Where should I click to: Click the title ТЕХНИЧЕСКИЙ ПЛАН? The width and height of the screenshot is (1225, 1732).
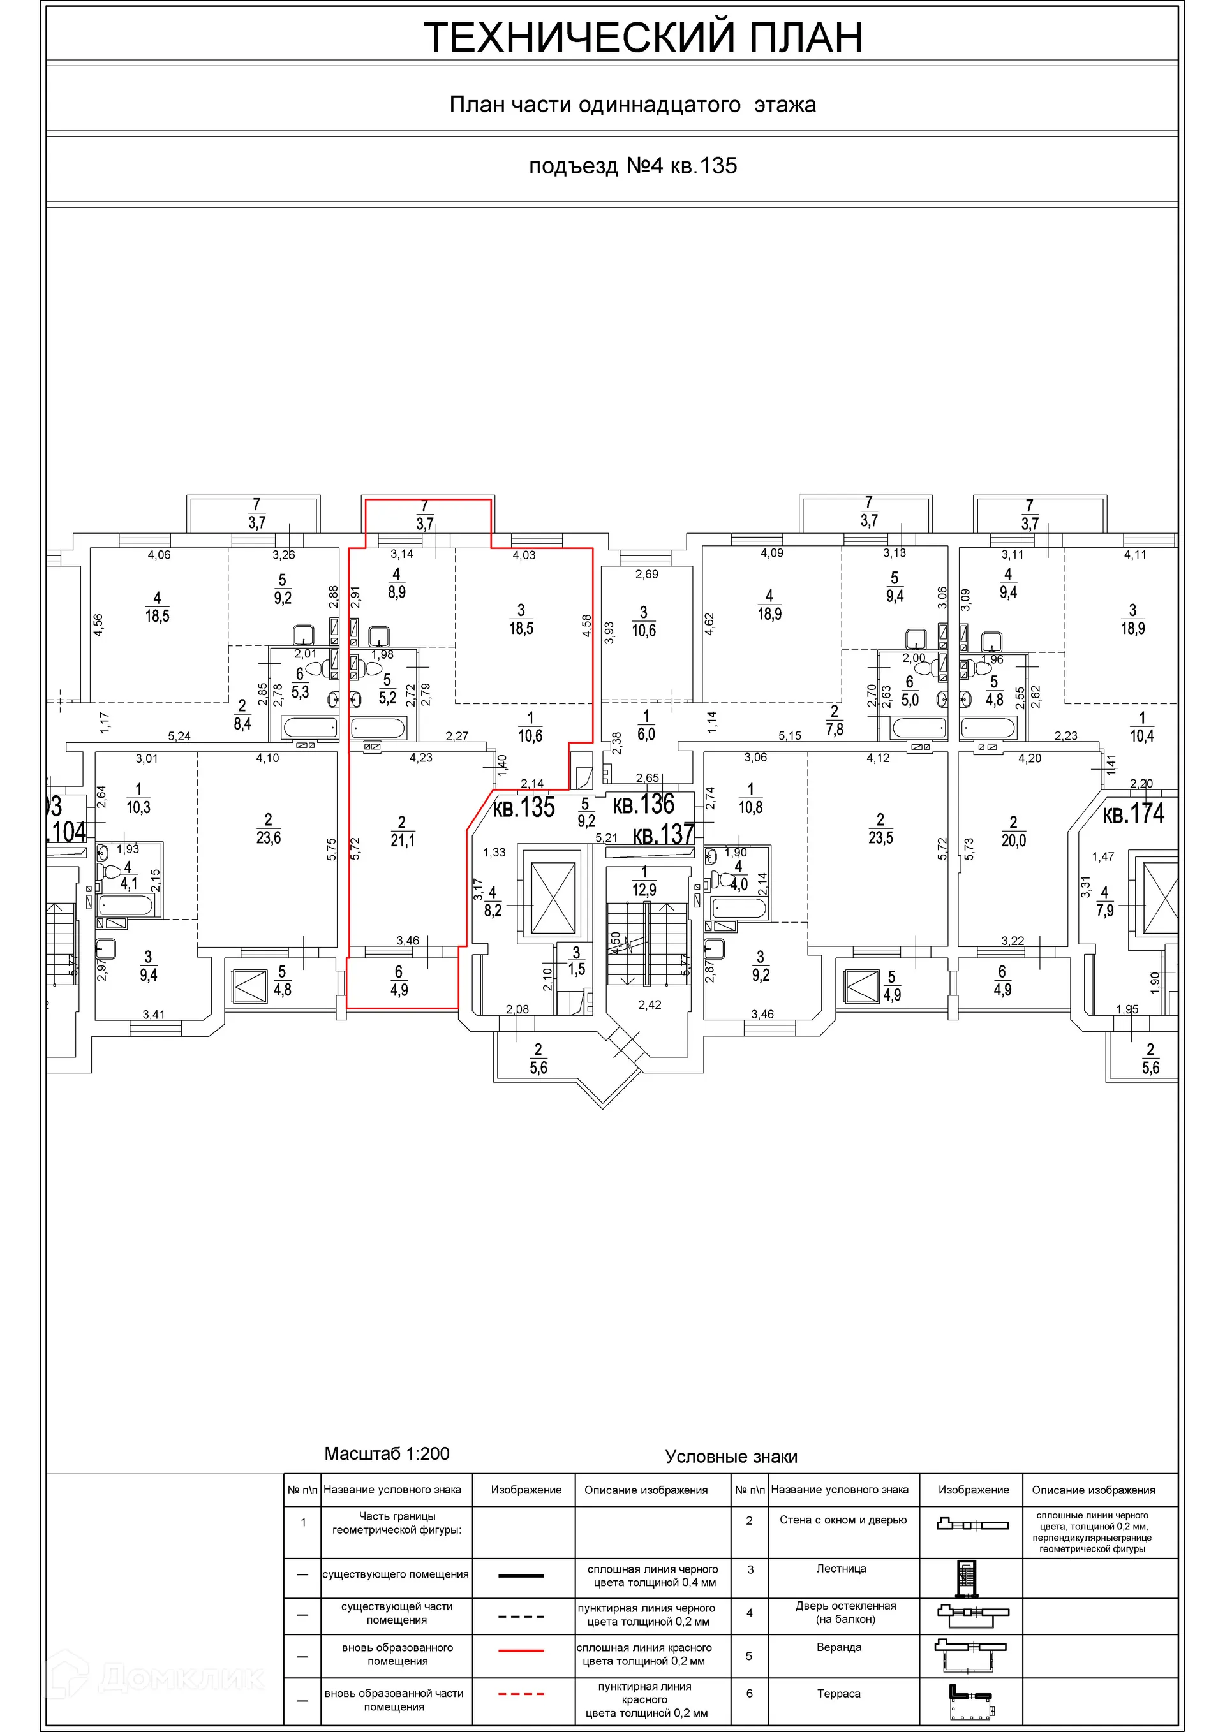pyautogui.click(x=643, y=37)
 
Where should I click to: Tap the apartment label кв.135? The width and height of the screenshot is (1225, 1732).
pyautogui.click(x=524, y=807)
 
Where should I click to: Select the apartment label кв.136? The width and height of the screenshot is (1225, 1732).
pyautogui.click(x=643, y=804)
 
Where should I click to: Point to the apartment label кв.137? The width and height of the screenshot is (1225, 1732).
pyautogui.click(x=664, y=834)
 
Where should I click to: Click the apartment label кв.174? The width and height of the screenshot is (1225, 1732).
pyautogui.click(x=1134, y=814)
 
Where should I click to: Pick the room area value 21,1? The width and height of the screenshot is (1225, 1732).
pyautogui.click(x=403, y=840)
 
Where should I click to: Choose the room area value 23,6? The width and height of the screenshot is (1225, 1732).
pyautogui.click(x=269, y=838)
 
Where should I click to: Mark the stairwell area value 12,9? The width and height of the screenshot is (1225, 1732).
pyautogui.click(x=644, y=890)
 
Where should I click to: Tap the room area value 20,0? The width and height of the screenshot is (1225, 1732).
pyautogui.click(x=1014, y=840)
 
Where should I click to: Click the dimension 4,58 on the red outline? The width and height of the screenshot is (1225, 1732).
pyautogui.click(x=586, y=627)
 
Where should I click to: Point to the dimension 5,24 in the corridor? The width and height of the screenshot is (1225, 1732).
pyautogui.click(x=179, y=737)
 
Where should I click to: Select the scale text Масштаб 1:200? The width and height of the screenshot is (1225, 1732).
pyautogui.click(x=387, y=1454)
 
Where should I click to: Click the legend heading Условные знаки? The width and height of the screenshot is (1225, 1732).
pyautogui.click(x=731, y=1457)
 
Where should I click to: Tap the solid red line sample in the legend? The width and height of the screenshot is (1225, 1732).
pyautogui.click(x=521, y=1650)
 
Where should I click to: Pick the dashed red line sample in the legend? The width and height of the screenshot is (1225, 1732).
pyautogui.click(x=521, y=1694)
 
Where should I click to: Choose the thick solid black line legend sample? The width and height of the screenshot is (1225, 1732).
pyautogui.click(x=521, y=1575)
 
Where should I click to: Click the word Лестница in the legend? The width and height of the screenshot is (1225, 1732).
pyautogui.click(x=841, y=1568)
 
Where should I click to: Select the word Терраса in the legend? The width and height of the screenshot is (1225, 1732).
pyautogui.click(x=838, y=1694)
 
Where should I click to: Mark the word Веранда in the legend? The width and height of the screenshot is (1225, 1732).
pyautogui.click(x=838, y=1647)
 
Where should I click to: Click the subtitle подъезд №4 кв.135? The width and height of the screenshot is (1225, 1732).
pyautogui.click(x=632, y=166)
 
